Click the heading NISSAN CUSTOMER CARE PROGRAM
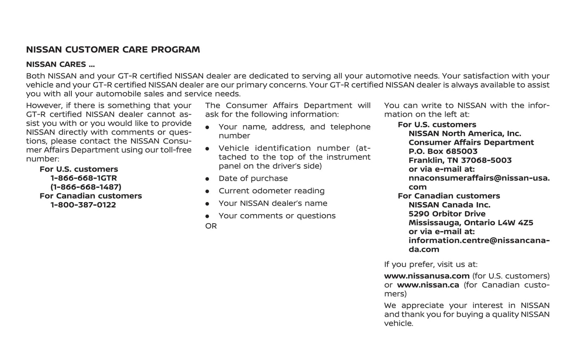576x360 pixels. click(x=113, y=50)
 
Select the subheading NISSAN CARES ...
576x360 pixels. click(x=60, y=65)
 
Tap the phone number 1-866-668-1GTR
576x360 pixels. click(x=84, y=178)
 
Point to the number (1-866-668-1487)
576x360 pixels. click(x=86, y=187)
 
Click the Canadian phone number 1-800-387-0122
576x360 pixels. click(x=83, y=205)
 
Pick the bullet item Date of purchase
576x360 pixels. click(x=253, y=179)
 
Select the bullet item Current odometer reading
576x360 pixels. click(x=271, y=191)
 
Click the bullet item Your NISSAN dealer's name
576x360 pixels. click(x=273, y=203)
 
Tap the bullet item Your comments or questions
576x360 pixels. click(x=277, y=216)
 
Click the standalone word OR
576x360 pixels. click(x=211, y=226)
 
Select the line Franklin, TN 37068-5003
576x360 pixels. click(x=460, y=160)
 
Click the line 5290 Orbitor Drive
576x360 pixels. click(x=447, y=214)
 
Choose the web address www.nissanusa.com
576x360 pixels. click(x=427, y=276)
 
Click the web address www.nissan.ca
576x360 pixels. click(x=428, y=285)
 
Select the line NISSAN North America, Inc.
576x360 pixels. click(x=465, y=134)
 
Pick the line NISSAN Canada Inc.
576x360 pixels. click(x=449, y=205)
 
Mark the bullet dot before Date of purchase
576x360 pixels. click(x=207, y=179)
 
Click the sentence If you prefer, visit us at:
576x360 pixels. click(x=431, y=264)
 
